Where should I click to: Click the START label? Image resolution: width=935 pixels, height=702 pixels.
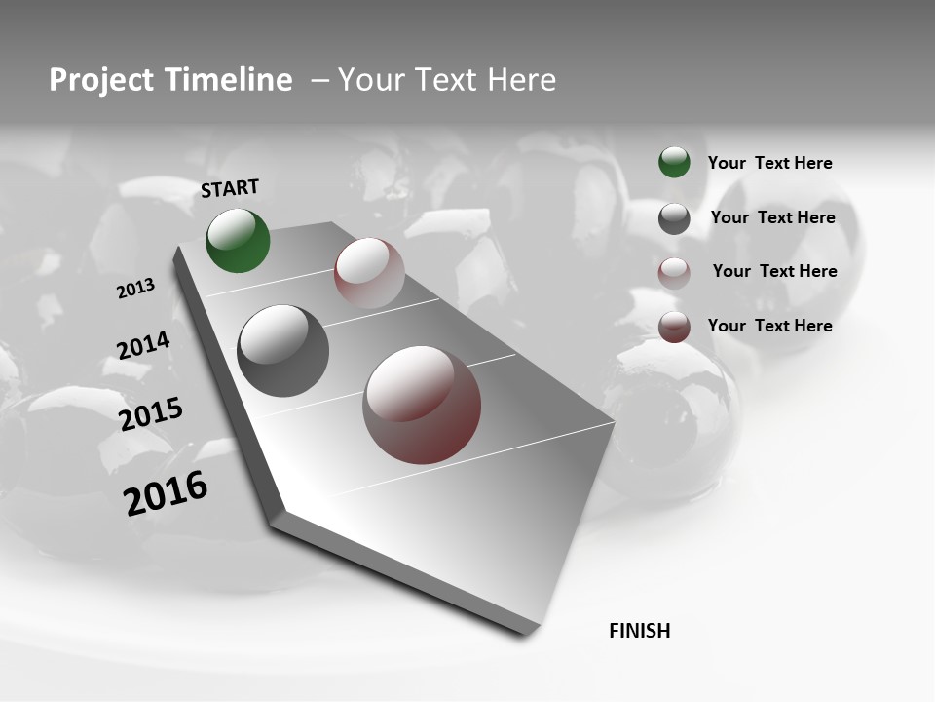(x=230, y=188)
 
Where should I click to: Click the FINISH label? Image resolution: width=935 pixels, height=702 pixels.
(x=640, y=631)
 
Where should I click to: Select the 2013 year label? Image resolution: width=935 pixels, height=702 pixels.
(x=136, y=289)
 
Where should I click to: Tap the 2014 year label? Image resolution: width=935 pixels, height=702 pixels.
(x=143, y=346)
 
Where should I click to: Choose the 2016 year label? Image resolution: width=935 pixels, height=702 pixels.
(x=166, y=493)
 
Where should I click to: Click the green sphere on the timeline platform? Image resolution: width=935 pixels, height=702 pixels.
(x=239, y=240)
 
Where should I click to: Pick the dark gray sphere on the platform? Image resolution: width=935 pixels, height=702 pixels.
(x=282, y=351)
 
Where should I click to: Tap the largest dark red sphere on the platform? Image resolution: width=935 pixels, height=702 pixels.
(x=422, y=405)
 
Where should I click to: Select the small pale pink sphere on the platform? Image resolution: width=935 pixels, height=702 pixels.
(x=369, y=273)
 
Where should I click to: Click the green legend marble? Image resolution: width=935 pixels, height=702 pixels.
(x=674, y=163)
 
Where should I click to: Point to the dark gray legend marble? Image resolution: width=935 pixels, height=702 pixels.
(x=674, y=218)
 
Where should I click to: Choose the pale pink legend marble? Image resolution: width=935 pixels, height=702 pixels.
(x=674, y=273)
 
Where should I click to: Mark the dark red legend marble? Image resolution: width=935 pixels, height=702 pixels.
(x=674, y=327)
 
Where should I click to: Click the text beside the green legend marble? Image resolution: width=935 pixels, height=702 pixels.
(x=769, y=164)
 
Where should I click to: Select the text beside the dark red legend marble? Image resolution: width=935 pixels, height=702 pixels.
(x=769, y=326)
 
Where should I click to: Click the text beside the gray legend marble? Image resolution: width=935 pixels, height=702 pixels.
(x=772, y=217)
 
